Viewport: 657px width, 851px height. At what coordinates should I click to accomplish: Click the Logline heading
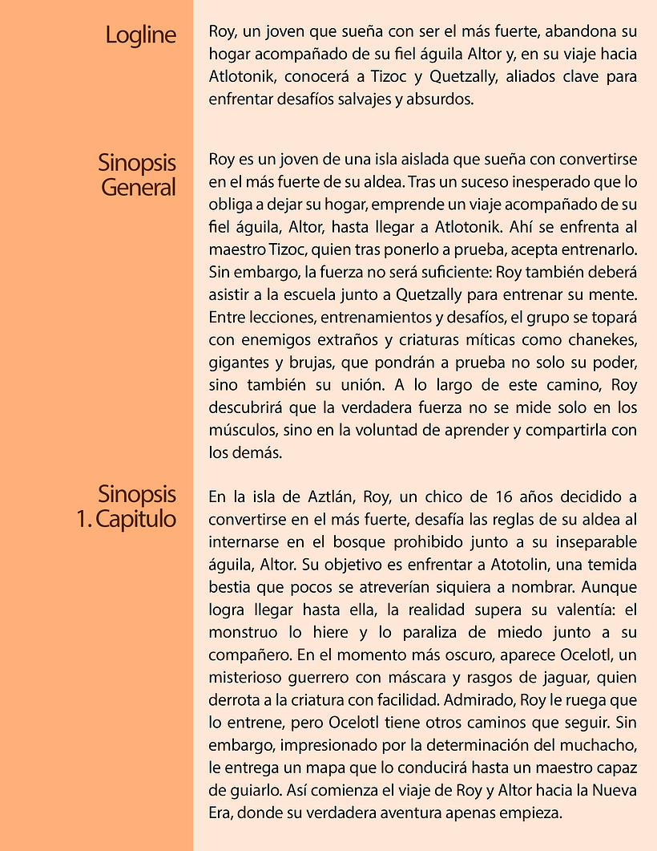140,36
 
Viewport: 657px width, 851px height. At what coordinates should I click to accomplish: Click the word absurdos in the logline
437,100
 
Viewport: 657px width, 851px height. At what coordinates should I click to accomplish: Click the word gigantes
238,361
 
